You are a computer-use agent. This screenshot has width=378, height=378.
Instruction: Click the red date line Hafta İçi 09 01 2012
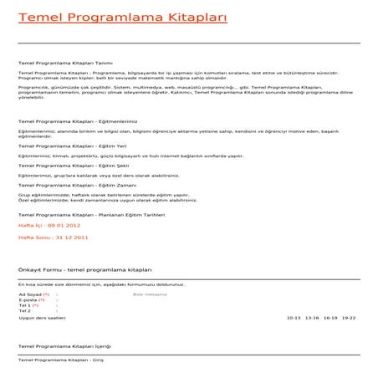[49, 226]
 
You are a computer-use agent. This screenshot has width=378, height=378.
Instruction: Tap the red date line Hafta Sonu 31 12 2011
[53, 238]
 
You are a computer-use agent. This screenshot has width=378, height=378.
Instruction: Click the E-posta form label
[31, 300]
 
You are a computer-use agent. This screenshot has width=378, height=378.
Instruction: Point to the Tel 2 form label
[25, 310]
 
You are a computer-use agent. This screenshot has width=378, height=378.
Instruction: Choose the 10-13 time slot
[294, 318]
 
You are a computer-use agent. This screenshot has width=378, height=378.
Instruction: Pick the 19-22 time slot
[349, 318]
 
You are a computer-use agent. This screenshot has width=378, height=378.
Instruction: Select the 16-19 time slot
[330, 318]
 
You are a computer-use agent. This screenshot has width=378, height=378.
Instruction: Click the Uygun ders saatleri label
[42, 318]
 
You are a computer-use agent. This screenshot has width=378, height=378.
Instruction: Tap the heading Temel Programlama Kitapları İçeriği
[64, 346]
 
